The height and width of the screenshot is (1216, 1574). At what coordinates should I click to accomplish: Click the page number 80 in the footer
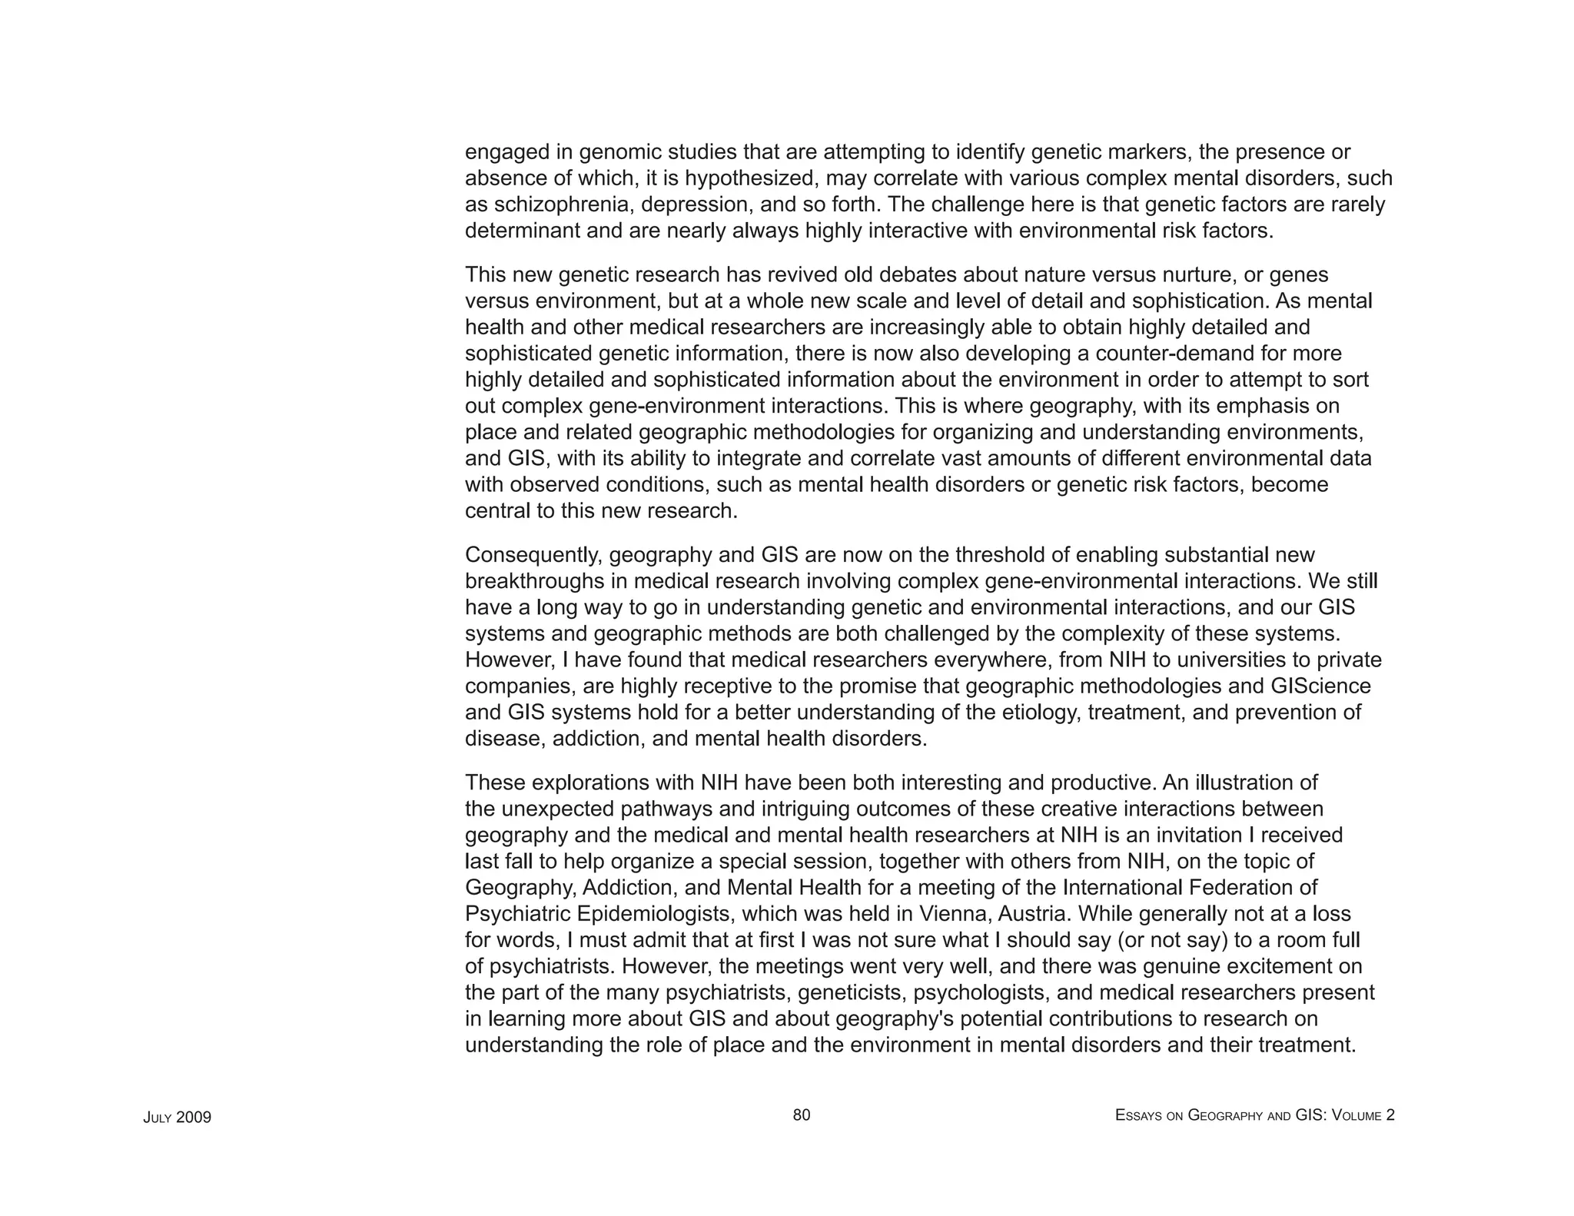tap(801, 1115)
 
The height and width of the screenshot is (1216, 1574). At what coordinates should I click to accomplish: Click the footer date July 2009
tap(177, 1117)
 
